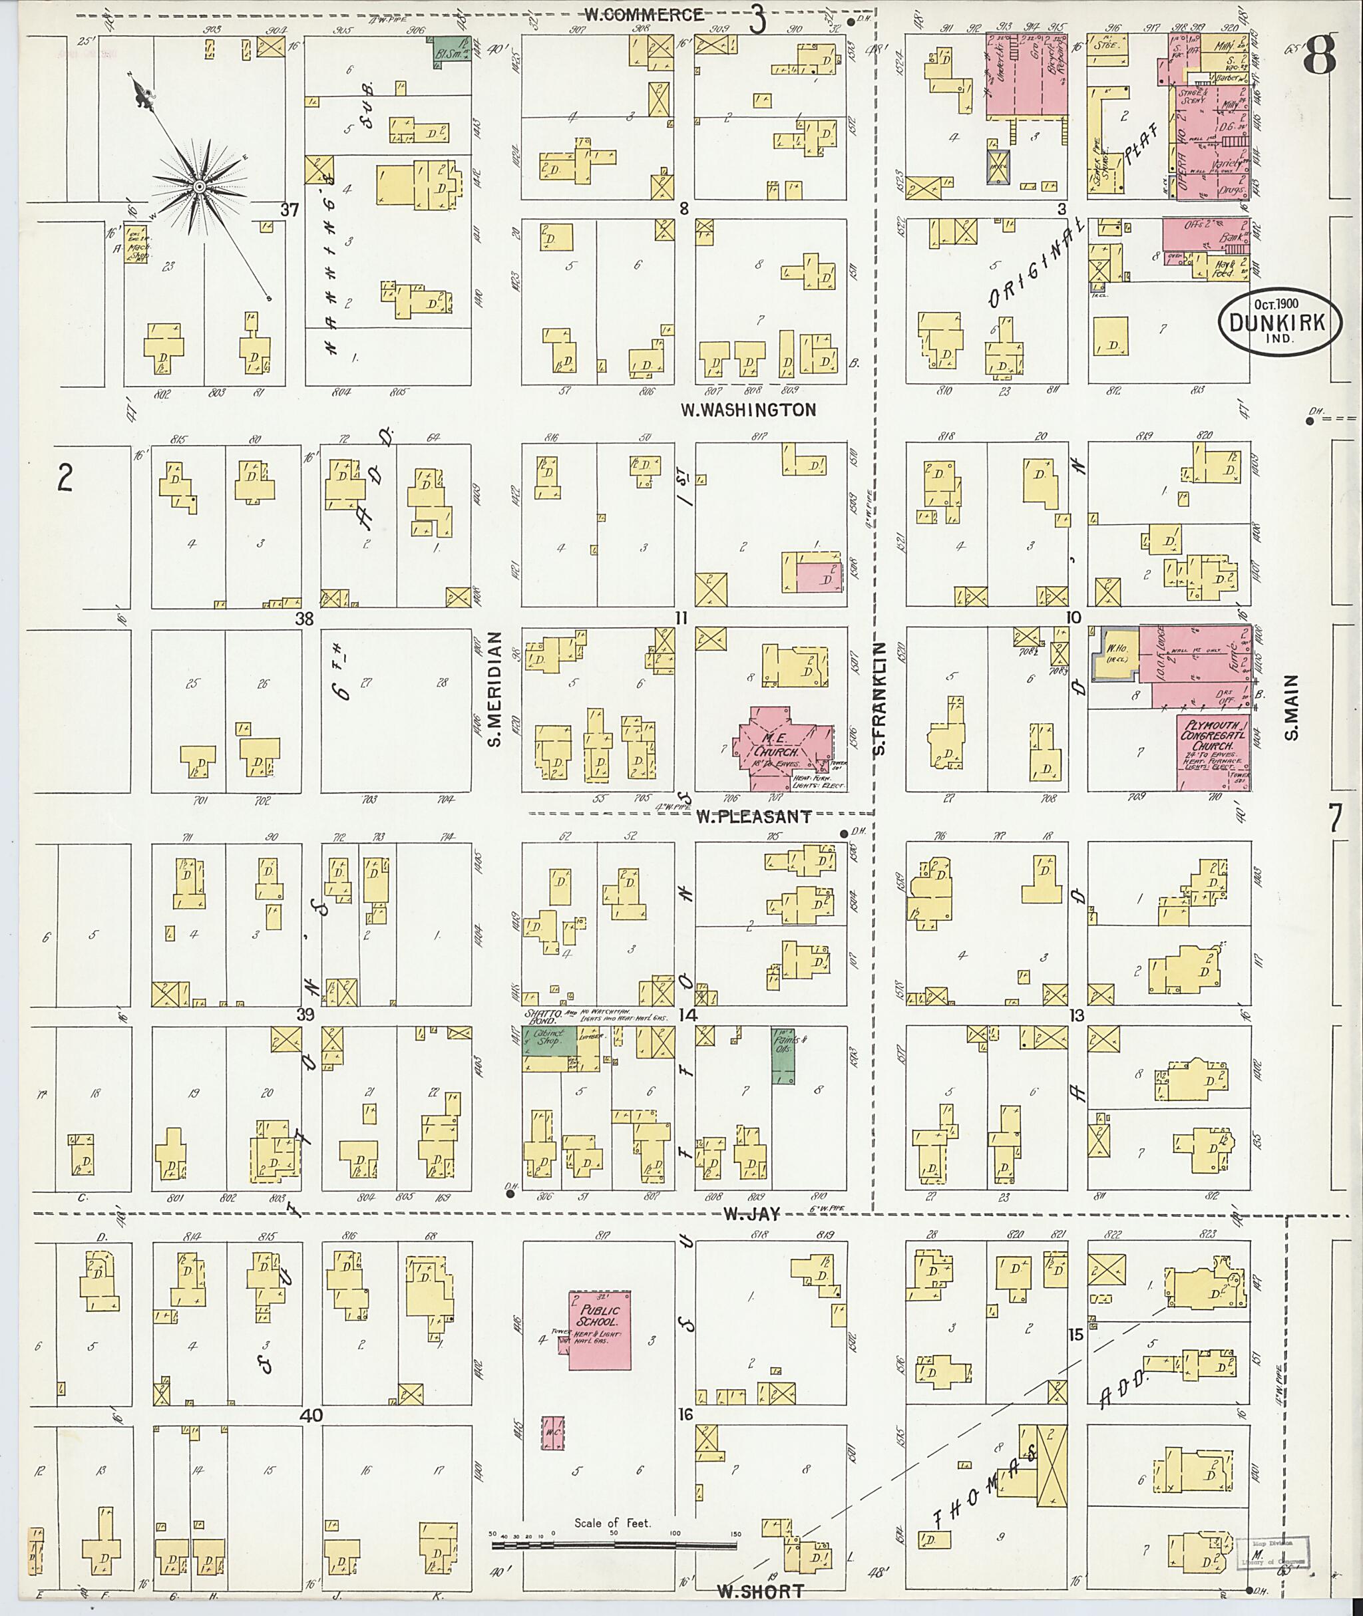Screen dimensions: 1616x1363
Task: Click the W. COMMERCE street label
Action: [644, 14]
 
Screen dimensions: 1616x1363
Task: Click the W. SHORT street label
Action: [759, 1591]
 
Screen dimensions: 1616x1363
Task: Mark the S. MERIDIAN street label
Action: [494, 690]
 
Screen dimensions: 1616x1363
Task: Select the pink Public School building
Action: [599, 1329]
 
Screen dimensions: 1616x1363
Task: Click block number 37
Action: [290, 210]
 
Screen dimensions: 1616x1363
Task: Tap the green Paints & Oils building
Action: [783, 1055]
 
